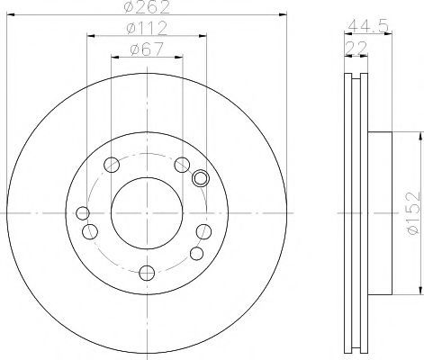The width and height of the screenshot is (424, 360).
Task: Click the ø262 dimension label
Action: (x=147, y=7)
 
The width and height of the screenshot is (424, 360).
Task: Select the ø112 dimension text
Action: (x=147, y=29)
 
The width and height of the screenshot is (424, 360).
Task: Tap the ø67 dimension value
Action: (x=147, y=49)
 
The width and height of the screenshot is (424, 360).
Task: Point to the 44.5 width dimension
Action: (x=368, y=26)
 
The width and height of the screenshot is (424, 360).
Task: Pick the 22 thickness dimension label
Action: (x=356, y=48)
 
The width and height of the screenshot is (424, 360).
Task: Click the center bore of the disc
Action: (x=147, y=213)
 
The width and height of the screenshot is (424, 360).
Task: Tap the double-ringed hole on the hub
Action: (x=201, y=178)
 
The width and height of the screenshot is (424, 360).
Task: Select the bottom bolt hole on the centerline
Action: (x=147, y=273)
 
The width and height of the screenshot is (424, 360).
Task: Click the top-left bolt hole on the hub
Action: (x=112, y=165)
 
